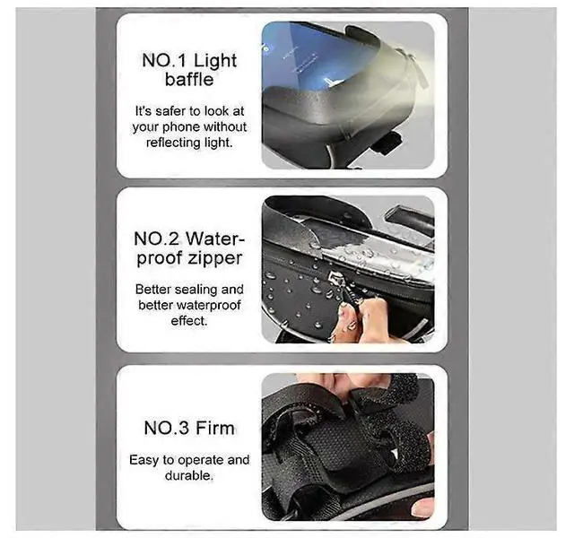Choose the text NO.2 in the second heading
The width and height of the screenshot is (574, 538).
pyautogui.click(x=160, y=239)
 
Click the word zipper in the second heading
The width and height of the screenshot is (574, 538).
pyautogui.click(x=213, y=258)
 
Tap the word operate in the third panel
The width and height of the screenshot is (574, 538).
pyautogui.click(x=193, y=460)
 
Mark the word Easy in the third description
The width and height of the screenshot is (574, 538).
pyautogui.click(x=143, y=460)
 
